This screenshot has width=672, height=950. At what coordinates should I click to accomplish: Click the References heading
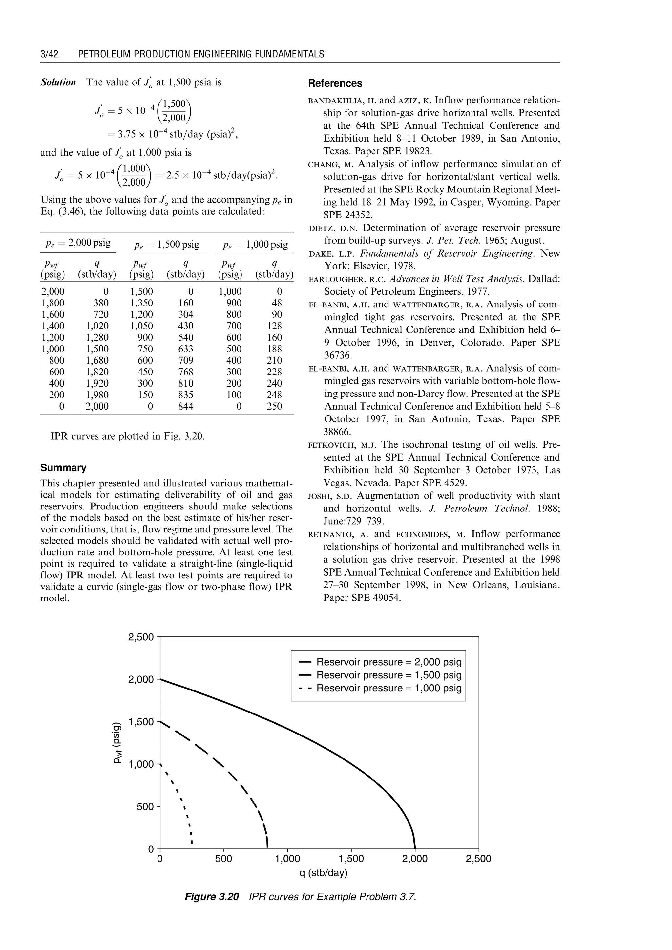(x=335, y=83)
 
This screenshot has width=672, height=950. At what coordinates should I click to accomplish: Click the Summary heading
(x=63, y=468)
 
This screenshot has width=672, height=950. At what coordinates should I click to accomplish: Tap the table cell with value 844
(x=185, y=406)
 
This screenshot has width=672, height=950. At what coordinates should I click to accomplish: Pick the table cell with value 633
(x=185, y=349)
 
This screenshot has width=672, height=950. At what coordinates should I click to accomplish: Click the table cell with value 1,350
(x=141, y=303)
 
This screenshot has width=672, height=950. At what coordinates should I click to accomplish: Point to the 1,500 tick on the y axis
(x=141, y=722)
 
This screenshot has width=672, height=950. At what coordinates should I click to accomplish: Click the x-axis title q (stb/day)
(x=323, y=873)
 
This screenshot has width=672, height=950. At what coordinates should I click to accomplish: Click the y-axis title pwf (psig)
(x=118, y=742)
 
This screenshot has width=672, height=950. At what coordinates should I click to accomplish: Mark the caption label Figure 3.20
(x=211, y=897)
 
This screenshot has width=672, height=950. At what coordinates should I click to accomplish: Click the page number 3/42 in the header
(x=49, y=54)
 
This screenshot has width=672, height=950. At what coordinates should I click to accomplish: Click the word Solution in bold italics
(x=58, y=82)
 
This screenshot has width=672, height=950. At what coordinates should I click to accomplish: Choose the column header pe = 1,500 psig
(x=167, y=245)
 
